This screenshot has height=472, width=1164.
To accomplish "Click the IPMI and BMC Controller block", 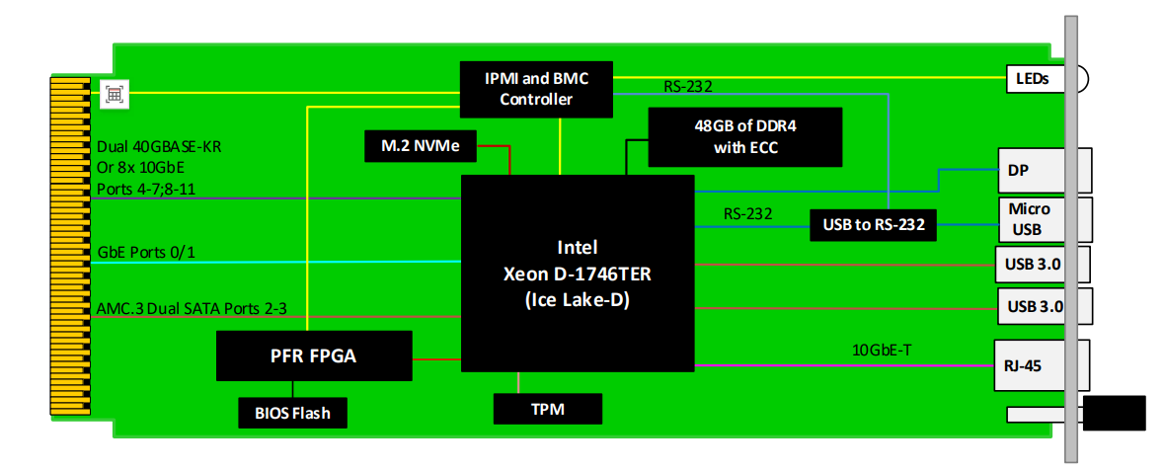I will [x=537, y=86].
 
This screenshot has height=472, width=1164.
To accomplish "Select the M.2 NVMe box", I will [x=421, y=146].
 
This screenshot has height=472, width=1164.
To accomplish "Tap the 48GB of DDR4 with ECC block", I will [x=745, y=137].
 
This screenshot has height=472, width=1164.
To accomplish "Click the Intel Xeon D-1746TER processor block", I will [x=578, y=274].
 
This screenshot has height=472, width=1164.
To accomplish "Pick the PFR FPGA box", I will [x=314, y=355].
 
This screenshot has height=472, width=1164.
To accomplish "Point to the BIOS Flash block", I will [x=291, y=413].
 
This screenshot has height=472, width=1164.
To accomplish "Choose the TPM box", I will [x=546, y=408].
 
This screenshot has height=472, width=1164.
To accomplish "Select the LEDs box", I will [x=1033, y=77].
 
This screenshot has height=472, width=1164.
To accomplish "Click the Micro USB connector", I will [x=1030, y=219].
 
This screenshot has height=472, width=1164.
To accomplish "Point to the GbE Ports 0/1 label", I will [x=146, y=253].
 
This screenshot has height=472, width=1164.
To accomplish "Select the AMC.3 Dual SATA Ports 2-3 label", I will [x=192, y=309].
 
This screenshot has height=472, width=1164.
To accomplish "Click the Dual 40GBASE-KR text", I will [x=159, y=147].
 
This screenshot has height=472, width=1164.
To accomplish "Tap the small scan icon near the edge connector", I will [x=116, y=95].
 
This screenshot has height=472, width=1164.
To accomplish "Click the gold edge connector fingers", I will [x=69, y=247].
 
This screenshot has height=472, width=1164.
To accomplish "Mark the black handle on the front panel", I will [x=1115, y=413].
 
